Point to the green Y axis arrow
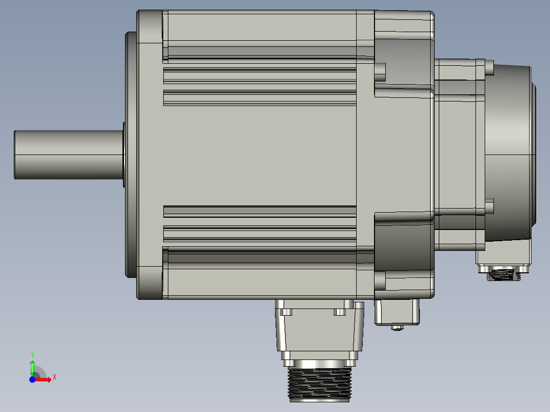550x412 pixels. [x=32, y=366]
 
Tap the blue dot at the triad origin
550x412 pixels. [x=32, y=379]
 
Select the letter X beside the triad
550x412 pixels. [x=54, y=377]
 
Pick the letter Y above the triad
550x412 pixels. [x=32, y=354]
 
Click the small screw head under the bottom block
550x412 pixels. [x=397, y=327]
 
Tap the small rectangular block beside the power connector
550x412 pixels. [x=397, y=311]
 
